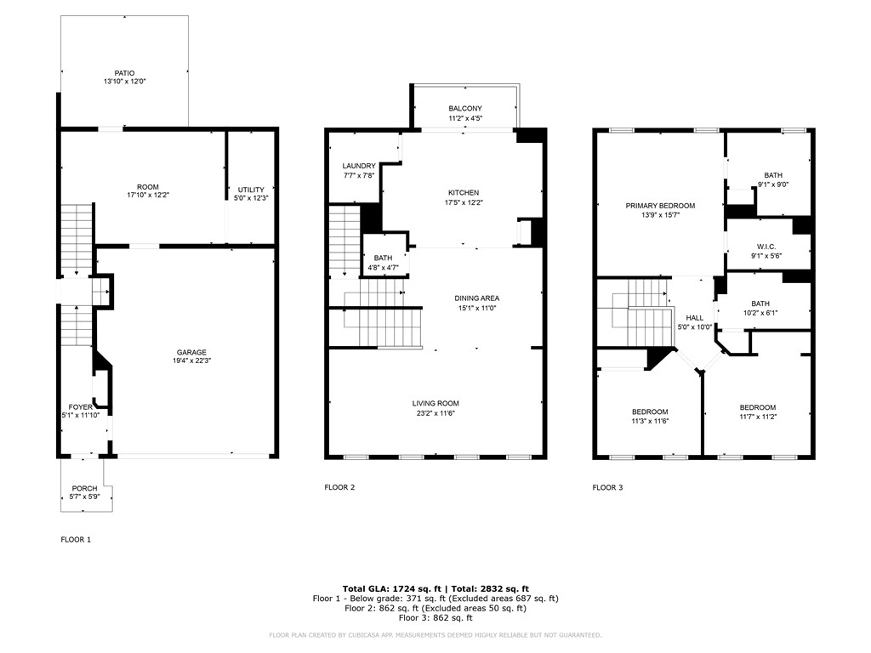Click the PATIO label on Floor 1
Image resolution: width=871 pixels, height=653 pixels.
(x=125, y=73)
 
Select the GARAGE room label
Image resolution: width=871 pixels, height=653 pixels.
(x=191, y=353)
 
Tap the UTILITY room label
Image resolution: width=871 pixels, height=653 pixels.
(x=251, y=190)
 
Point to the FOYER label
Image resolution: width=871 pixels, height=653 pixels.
(x=82, y=406)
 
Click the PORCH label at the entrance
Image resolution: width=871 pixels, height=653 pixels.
(x=84, y=488)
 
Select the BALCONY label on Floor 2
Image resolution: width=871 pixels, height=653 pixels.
(x=465, y=109)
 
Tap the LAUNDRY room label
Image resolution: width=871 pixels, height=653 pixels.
(x=358, y=166)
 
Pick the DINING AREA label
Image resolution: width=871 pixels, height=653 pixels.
(x=476, y=298)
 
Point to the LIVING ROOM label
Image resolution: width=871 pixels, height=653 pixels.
(x=435, y=404)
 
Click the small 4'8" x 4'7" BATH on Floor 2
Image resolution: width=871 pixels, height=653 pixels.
(x=383, y=263)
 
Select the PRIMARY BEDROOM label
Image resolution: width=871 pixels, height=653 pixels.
(x=660, y=206)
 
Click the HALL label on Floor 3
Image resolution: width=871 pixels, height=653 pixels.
(x=694, y=317)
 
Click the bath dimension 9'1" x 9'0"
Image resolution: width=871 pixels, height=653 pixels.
(x=772, y=185)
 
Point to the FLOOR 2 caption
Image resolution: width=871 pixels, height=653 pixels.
(x=339, y=487)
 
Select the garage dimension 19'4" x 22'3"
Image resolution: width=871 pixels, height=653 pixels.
(x=191, y=361)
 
